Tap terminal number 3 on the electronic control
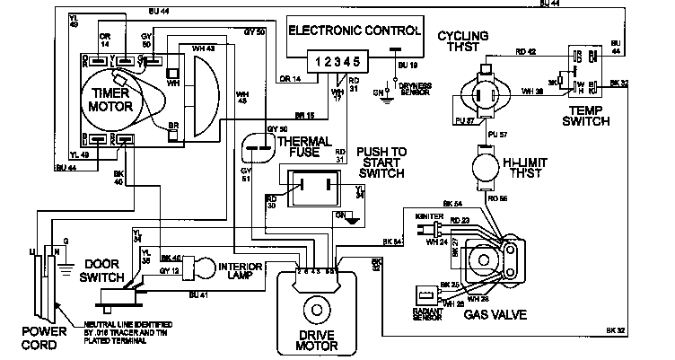click(336, 64)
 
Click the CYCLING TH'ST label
click(462, 41)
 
